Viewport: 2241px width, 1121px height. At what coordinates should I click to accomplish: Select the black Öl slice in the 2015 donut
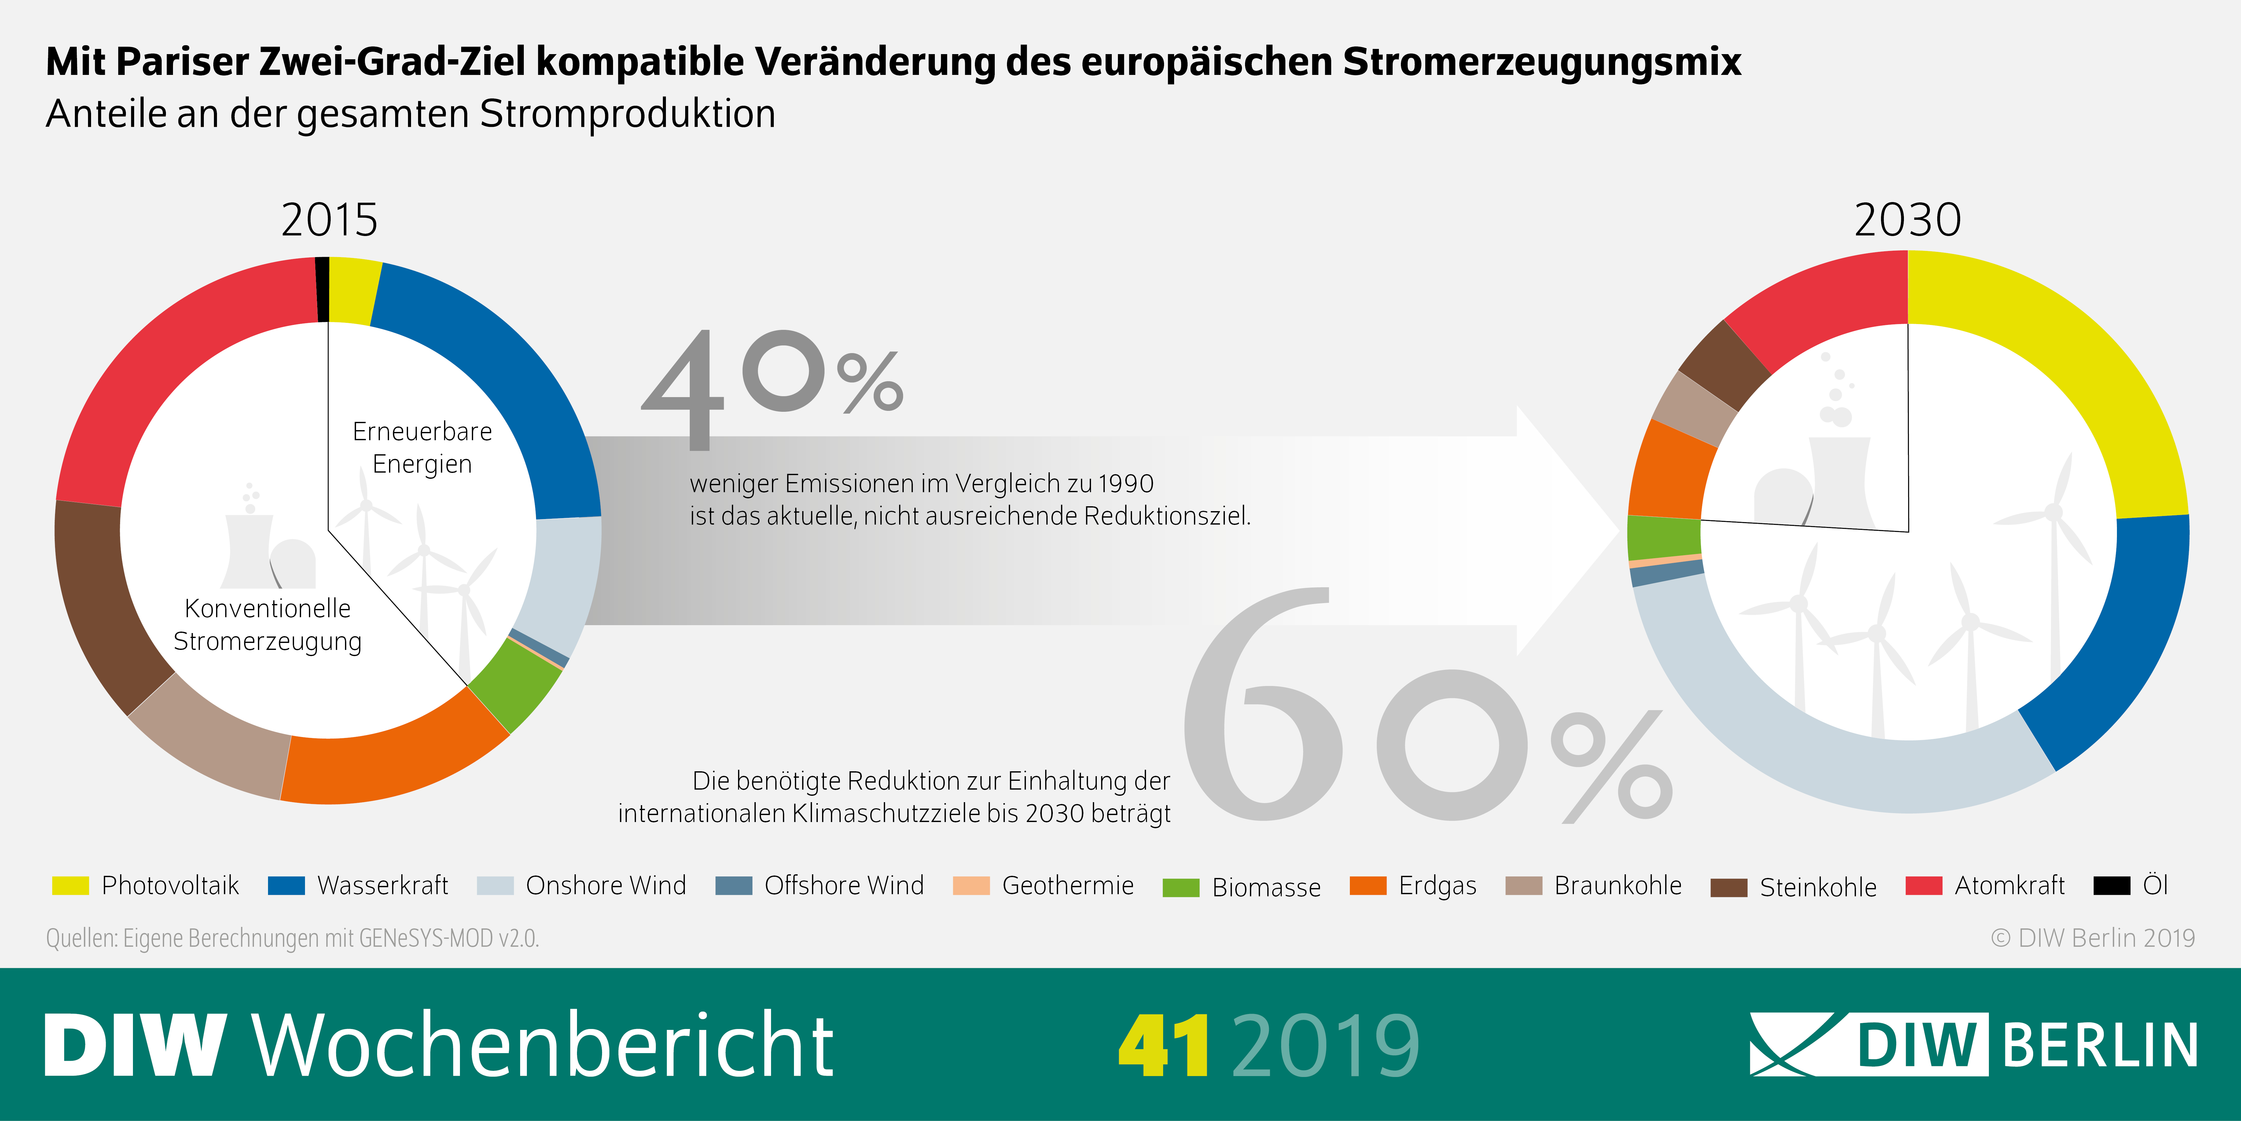pos(322,289)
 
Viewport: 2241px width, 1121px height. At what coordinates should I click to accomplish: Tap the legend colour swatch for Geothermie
pos(971,886)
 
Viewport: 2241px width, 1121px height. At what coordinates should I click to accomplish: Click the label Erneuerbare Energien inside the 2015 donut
pos(422,447)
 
